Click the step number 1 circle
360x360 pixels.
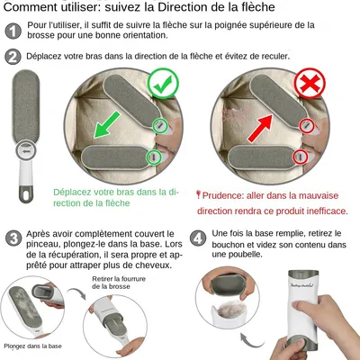pos(13,30)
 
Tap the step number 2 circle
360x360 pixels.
pos(13,58)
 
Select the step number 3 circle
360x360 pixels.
pos(13,239)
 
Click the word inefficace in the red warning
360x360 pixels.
pos(324,210)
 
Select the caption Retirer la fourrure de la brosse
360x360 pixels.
pos(121,283)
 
